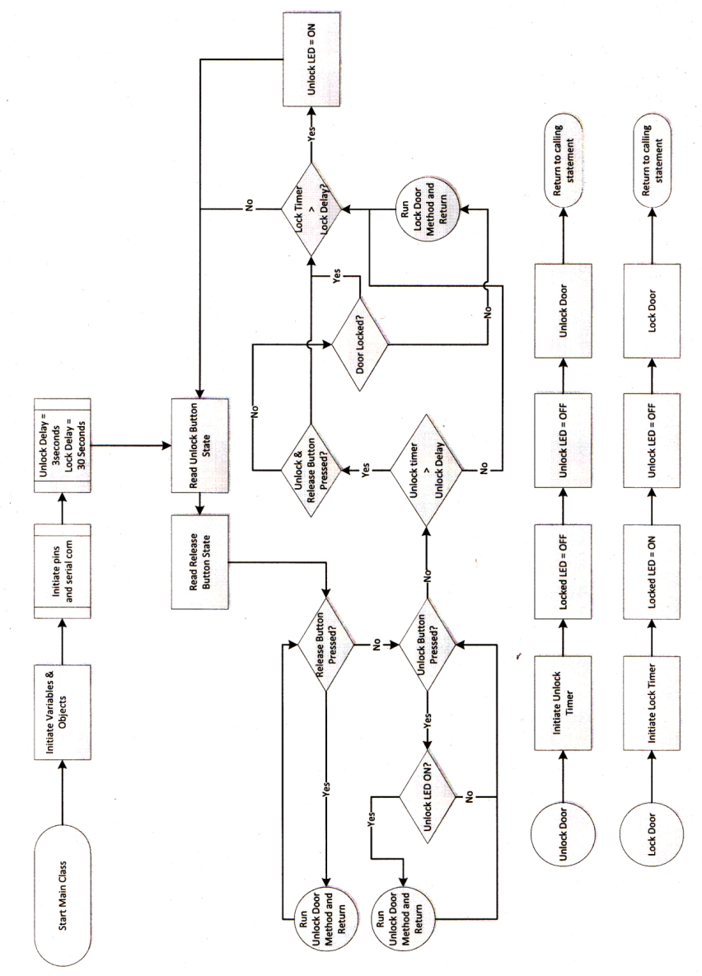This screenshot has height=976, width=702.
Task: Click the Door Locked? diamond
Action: click(361, 340)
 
